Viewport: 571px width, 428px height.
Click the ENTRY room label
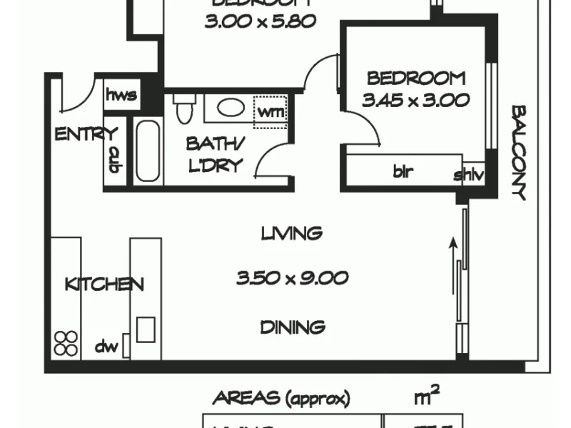86,133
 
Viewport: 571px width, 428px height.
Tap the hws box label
121,96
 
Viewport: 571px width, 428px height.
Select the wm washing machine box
271,112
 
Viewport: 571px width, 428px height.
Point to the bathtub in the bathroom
148,151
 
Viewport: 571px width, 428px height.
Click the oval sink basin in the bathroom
231,108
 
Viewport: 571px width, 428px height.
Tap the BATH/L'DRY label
215,154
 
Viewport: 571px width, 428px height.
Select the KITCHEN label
104,284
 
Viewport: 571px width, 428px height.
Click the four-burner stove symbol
66,343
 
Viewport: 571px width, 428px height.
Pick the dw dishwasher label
106,348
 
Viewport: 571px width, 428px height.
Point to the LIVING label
291,233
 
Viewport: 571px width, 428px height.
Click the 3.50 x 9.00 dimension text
293,278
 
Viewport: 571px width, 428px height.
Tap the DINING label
293,327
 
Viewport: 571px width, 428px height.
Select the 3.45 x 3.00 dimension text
415,100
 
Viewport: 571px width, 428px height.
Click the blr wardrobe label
403,172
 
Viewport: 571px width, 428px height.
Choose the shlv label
469,175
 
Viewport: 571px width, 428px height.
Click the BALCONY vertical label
518,153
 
